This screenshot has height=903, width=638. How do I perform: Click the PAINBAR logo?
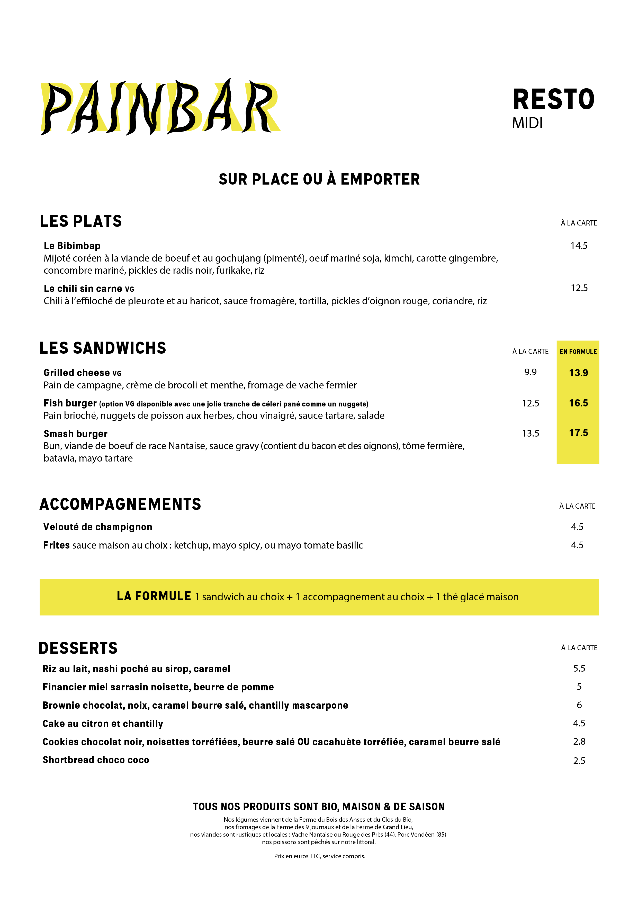tap(160, 107)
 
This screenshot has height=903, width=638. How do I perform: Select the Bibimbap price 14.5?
tap(579, 246)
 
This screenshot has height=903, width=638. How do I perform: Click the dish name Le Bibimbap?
tap(72, 246)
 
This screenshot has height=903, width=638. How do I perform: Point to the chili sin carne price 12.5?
tap(579, 288)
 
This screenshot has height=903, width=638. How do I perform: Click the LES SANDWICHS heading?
tap(103, 348)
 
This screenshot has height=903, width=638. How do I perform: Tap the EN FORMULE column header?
tap(578, 352)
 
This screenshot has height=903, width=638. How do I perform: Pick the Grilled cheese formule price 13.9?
tap(578, 373)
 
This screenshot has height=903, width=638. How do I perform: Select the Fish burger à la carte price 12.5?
tap(530, 403)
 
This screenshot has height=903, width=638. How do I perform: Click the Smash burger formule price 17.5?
tap(578, 433)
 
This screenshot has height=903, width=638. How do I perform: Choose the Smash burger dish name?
tap(75, 434)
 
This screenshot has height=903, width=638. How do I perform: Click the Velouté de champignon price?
tap(577, 527)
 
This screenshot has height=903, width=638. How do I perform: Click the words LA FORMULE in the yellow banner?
tap(154, 596)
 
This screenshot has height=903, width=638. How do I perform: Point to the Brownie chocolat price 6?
tap(579, 705)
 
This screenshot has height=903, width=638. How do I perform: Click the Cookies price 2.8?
tap(579, 741)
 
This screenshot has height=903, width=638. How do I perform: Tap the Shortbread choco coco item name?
tap(96, 760)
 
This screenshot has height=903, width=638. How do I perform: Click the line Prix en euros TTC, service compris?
tap(319, 856)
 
